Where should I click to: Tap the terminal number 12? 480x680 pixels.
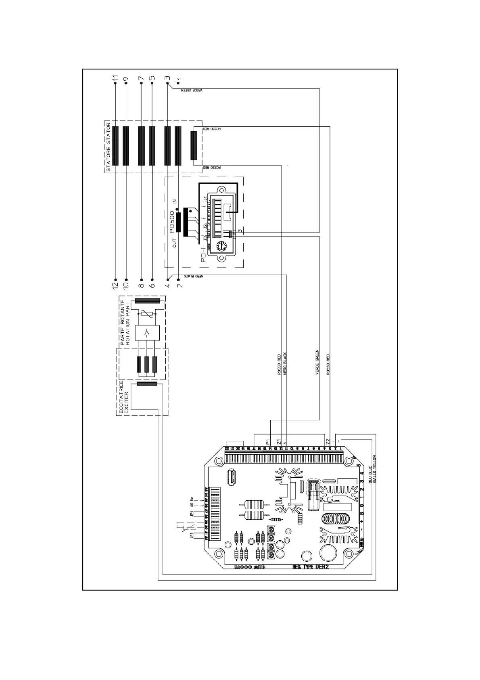click(x=115, y=285)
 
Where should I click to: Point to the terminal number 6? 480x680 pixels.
click(x=152, y=285)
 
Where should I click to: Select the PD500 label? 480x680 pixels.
click(x=173, y=222)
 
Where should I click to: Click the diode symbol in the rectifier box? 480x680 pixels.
click(x=147, y=333)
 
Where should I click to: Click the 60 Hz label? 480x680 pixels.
click(x=192, y=502)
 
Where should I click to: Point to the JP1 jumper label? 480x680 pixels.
click(x=192, y=514)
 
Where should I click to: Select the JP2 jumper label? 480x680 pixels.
click(x=192, y=536)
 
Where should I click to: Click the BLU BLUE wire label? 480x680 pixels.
click(x=369, y=475)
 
